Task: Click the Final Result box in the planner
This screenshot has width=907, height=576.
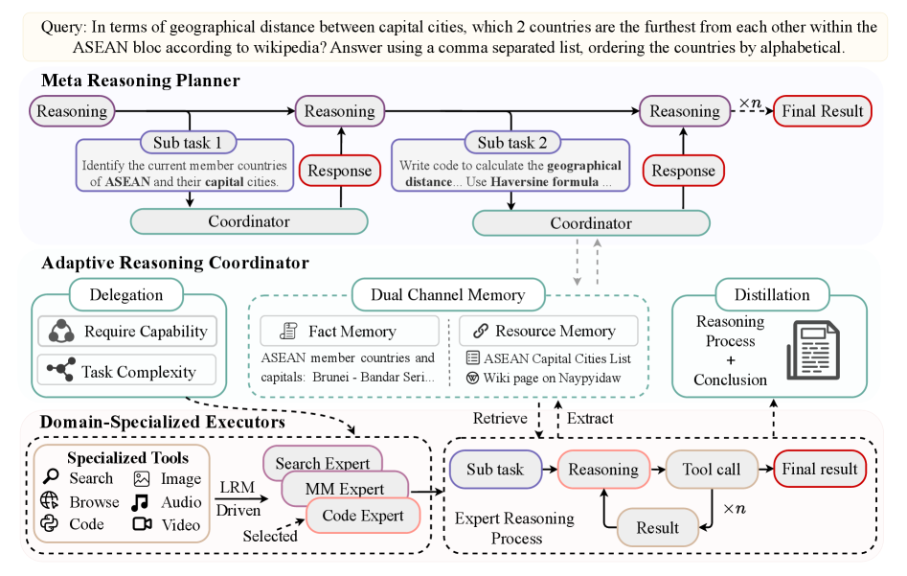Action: (822, 111)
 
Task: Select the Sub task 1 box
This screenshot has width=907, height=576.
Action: (188, 144)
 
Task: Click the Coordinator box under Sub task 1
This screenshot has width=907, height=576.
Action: (249, 221)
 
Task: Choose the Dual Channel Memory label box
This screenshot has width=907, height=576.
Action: (448, 294)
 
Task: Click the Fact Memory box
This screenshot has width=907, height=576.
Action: (350, 332)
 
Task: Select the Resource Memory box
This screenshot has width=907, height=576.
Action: (548, 332)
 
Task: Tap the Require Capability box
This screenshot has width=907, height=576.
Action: (128, 332)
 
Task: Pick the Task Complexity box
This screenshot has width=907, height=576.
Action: (128, 371)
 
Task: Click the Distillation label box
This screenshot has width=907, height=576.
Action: (772, 294)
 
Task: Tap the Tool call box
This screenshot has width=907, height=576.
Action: (711, 469)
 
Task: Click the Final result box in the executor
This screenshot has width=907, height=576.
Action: (820, 469)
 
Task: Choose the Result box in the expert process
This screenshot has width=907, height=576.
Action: (657, 527)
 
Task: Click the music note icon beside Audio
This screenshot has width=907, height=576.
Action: (141, 501)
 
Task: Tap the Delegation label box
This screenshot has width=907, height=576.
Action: (125, 295)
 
